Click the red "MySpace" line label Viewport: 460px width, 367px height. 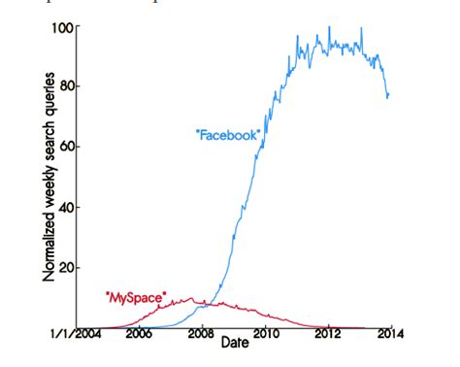[135, 293]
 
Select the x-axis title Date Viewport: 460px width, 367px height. [233, 343]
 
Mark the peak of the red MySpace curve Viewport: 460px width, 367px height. [190, 299]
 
